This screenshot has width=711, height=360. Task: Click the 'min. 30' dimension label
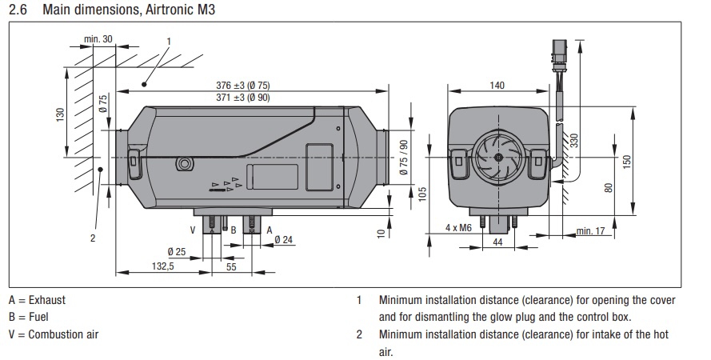(98, 38)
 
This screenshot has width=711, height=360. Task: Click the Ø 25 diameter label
(177, 252)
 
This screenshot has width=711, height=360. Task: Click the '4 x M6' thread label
(459, 228)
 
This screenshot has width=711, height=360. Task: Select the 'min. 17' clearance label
(590, 232)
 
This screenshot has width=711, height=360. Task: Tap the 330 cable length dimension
(573, 141)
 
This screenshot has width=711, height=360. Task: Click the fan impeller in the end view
(497, 157)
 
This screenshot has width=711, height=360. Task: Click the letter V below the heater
(192, 229)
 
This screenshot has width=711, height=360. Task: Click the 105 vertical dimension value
(422, 193)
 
